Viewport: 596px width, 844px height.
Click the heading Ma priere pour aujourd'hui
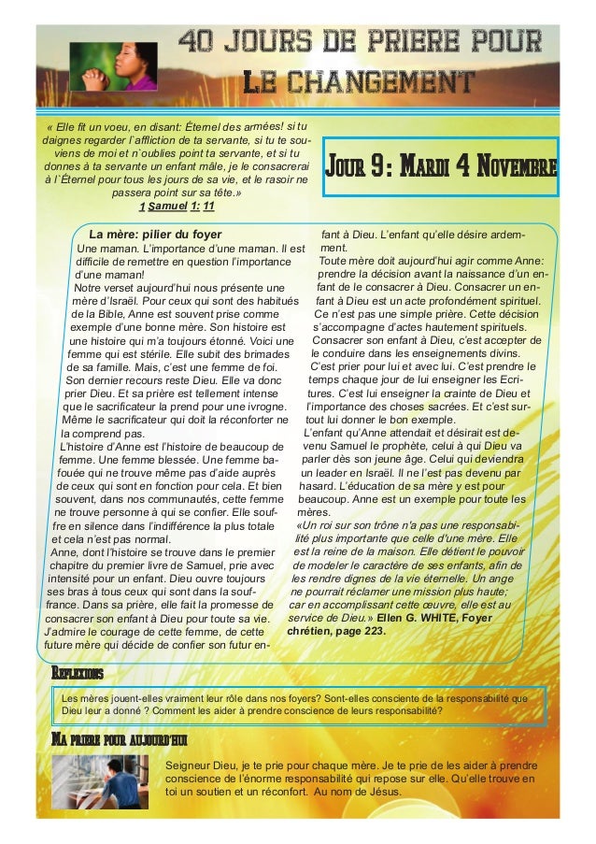click(119, 740)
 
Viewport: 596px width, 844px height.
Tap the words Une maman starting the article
click(106, 248)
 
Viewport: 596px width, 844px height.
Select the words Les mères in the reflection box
click(82, 696)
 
